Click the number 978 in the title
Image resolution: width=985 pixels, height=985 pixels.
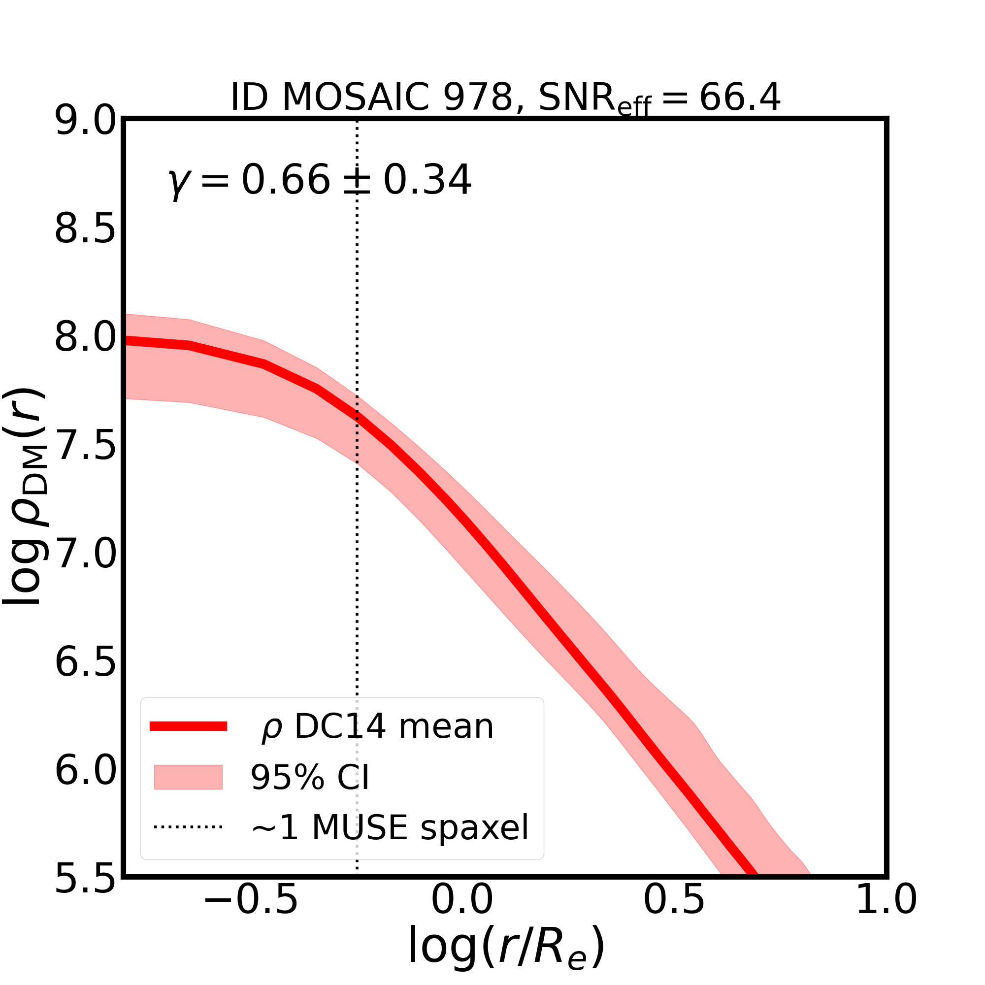(477, 98)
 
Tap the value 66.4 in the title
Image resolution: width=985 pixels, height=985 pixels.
(739, 98)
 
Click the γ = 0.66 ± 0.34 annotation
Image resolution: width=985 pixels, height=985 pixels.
(320, 180)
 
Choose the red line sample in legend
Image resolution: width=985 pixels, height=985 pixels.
(188, 726)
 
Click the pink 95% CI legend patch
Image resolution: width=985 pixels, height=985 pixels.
(188, 778)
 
